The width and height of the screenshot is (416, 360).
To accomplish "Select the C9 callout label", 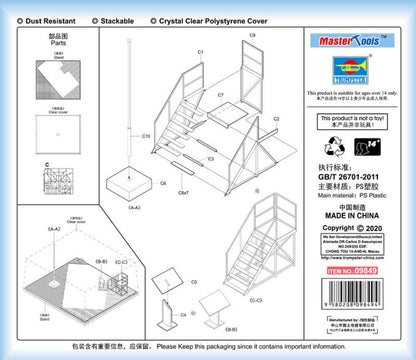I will tap(252, 36).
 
